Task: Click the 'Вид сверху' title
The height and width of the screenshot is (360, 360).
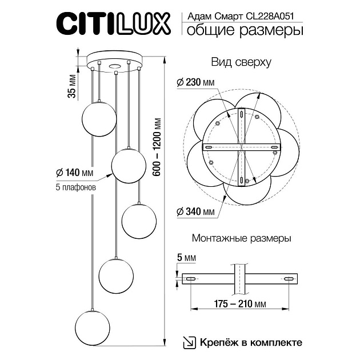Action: tap(241, 61)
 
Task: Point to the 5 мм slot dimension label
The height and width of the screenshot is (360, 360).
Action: tap(187, 258)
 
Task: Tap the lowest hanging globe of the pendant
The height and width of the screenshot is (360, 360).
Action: tap(93, 327)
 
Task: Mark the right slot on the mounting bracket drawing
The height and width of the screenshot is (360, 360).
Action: tap(290, 279)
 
